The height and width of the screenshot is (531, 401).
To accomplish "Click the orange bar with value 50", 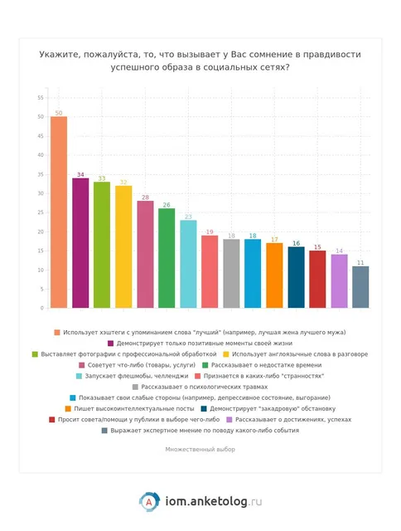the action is coord(59,212).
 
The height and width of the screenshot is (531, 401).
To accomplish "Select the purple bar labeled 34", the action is coord(80,243).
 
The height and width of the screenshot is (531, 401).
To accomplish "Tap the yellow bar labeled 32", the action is coord(123,246).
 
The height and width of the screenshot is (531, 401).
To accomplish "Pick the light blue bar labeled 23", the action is coord(188,264).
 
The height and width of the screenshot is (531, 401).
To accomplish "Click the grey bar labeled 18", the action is coord(231,273).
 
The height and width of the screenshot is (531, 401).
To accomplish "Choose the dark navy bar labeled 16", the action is coord(296,277).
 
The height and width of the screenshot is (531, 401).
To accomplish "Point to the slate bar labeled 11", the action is coord(360,287).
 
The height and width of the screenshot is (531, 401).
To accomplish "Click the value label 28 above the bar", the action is coord(145,197).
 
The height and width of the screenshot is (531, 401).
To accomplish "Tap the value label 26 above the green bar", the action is coord(167,205).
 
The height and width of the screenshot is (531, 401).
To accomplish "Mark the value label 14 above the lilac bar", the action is coord(339,251).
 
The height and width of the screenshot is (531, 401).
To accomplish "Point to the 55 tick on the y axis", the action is coord(41,98).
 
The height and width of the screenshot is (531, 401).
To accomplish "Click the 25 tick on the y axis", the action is coord(41,212).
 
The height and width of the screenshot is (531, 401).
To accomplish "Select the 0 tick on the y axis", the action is coord(42,308).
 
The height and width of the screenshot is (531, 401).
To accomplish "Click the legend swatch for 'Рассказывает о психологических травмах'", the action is coord(135,387).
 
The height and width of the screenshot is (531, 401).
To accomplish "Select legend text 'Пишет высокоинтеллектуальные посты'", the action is coord(134,408).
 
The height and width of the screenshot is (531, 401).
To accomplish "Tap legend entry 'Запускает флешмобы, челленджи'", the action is coord(133,376).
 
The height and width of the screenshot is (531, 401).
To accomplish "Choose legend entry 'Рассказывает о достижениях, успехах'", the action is coord(289,419).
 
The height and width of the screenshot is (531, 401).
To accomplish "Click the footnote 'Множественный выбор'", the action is coord(200,450).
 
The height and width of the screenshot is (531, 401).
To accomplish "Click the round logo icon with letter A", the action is coord(149,501).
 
